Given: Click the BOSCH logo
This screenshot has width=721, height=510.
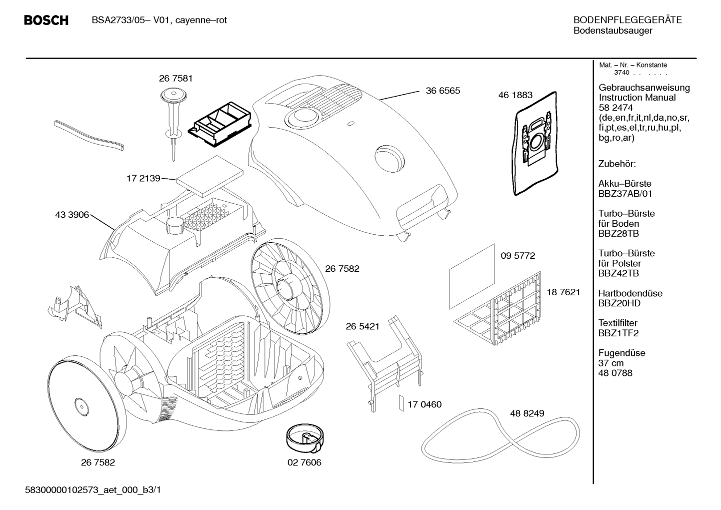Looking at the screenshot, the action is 46,21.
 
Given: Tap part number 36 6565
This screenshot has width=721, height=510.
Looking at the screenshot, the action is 443,91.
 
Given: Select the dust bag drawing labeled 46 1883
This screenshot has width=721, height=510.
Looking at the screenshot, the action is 534,143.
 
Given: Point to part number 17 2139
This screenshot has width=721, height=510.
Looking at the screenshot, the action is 143,179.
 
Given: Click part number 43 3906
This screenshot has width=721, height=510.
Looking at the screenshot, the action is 72,215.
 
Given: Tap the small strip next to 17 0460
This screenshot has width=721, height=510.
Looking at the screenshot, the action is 401,403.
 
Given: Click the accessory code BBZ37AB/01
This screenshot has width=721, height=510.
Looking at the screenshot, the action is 625,194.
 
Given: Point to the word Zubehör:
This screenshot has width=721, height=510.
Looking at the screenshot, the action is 617,164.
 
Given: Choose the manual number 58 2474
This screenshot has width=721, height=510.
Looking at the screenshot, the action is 615,108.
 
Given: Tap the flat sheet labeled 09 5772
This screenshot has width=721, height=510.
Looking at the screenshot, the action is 472,276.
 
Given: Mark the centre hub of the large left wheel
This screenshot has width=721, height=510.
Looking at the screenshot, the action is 82,407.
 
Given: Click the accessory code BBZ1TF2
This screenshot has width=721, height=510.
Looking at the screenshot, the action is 618,333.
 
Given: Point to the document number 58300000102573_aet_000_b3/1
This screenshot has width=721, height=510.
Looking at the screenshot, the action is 92,490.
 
